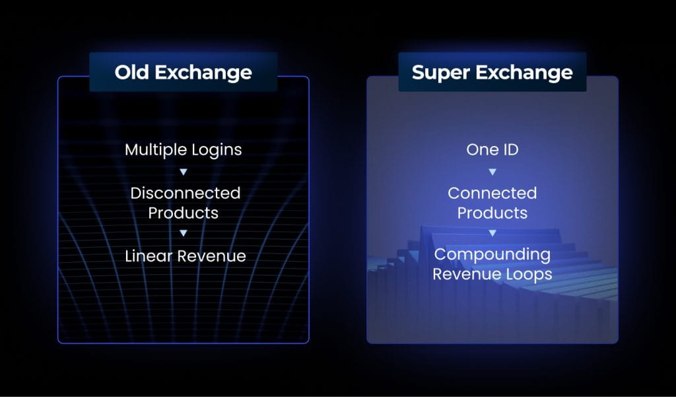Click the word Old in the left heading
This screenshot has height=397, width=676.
click(x=131, y=72)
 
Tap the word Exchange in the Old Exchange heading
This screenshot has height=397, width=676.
click(x=203, y=73)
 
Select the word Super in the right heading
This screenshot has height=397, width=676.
click(x=440, y=73)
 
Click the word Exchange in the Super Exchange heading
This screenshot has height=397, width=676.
click(x=524, y=73)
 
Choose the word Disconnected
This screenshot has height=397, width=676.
click(x=186, y=193)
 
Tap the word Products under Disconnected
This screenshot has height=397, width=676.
click(x=184, y=213)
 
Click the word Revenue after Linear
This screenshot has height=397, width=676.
click(x=212, y=256)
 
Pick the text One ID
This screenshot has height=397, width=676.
click(x=492, y=150)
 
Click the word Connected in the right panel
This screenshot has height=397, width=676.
click(x=492, y=193)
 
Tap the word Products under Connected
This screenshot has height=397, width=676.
click(x=492, y=213)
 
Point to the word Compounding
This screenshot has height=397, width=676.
click(x=492, y=254)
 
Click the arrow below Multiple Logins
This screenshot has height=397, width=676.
click(x=184, y=172)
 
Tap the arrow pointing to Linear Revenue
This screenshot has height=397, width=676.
click(x=184, y=233)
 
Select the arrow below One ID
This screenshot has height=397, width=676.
click(x=492, y=172)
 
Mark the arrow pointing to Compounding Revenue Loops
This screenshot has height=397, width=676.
click(x=492, y=233)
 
